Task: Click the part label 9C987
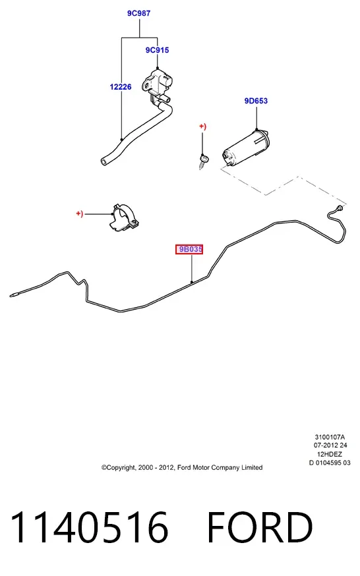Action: click(139, 13)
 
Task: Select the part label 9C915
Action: click(157, 50)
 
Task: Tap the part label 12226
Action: click(121, 87)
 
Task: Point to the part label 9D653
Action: click(256, 101)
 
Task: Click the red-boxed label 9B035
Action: click(189, 249)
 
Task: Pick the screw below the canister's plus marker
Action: click(203, 161)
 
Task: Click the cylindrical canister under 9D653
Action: click(246, 148)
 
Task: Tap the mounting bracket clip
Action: click(124, 218)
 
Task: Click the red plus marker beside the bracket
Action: click(79, 214)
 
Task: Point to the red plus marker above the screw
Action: click(203, 127)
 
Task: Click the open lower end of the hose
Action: click(104, 161)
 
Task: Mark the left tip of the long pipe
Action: click(11, 295)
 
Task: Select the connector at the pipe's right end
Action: click(340, 209)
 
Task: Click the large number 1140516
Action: click(89, 527)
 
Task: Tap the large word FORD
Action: click(260, 527)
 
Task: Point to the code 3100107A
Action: click(330, 437)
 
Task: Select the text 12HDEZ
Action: click(330, 454)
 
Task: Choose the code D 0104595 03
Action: click(330, 463)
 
